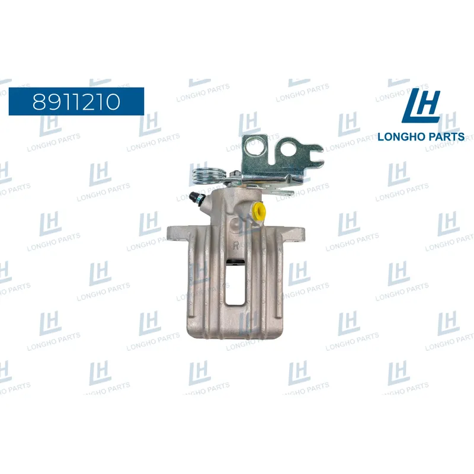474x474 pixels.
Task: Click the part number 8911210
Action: point(76,101)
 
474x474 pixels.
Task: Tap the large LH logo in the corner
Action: point(421,105)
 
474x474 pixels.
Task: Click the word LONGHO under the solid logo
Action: point(399,137)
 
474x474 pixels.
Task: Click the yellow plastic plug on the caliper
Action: point(260,211)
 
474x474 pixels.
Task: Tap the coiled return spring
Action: point(209,175)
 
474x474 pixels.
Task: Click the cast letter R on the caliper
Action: point(236,245)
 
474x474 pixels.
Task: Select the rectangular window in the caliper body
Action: point(235,282)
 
